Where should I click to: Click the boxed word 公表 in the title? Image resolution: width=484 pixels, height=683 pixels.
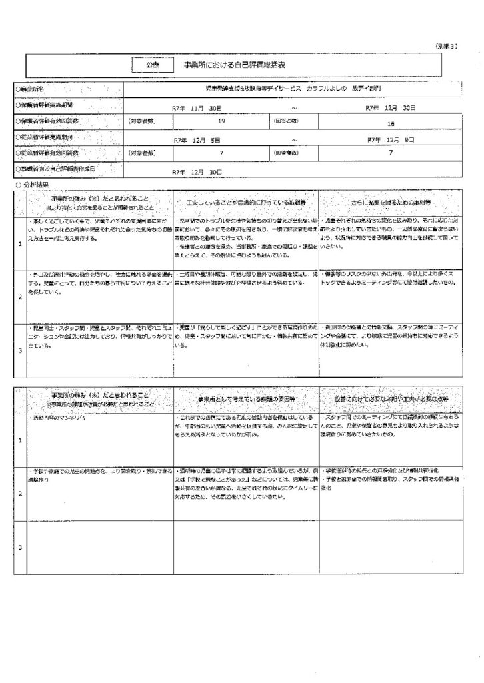point(151,65)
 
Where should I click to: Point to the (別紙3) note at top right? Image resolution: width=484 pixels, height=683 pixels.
point(446,45)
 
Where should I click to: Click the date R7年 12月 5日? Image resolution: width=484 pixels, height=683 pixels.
point(197,140)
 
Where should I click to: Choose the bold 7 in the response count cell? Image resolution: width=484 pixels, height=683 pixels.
point(391,153)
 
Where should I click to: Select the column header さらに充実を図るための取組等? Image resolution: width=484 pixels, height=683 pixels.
point(391,200)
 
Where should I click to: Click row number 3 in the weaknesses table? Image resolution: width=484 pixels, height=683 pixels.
point(20,547)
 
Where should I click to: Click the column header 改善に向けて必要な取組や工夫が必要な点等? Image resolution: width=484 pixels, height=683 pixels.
point(391,399)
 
